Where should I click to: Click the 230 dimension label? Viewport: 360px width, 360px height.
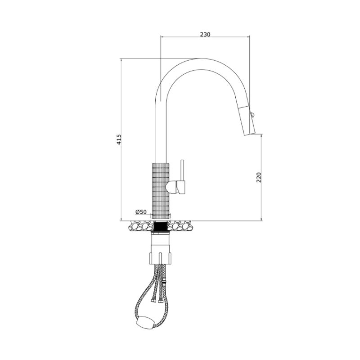(205, 35)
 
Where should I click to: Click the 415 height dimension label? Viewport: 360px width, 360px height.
(119, 139)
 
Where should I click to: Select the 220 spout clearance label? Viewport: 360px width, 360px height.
(259, 177)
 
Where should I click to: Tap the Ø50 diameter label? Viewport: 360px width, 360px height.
(141, 211)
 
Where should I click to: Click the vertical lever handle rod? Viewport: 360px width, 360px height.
(183, 170)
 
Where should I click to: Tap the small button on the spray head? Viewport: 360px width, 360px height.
(253, 114)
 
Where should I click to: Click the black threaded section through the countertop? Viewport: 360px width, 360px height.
(161, 226)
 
